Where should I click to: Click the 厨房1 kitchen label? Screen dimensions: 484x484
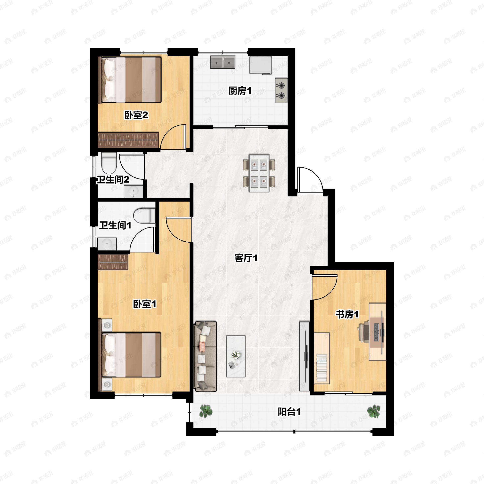[240, 91]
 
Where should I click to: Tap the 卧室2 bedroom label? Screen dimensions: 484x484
[136, 115]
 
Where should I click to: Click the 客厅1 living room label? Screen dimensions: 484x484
[246, 258]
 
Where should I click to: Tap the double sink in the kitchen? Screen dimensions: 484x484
[223, 62]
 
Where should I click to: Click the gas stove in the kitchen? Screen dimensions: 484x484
[281, 90]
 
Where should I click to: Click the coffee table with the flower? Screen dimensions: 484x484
[236, 356]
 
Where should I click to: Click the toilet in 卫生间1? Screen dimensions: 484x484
[144, 216]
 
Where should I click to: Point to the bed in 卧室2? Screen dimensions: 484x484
[131, 80]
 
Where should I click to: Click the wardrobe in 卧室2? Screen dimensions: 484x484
[128, 140]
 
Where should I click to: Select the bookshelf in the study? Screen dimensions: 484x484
[322, 358]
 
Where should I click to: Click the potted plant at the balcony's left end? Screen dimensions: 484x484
[206, 411]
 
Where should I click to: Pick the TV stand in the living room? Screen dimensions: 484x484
[304, 356]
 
